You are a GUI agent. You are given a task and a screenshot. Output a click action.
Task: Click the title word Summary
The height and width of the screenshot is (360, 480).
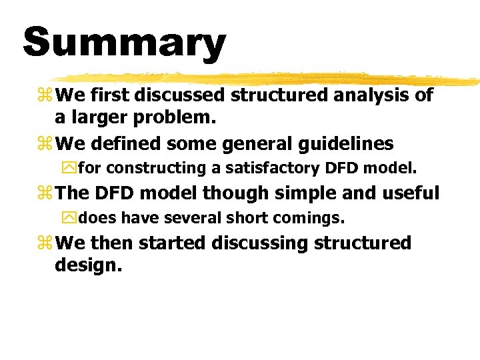coord(125,43)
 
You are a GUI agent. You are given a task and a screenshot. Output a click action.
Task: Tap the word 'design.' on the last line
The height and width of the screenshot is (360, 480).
coord(89,266)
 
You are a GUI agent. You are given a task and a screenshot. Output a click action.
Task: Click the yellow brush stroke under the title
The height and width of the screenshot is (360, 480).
coord(267,79)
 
